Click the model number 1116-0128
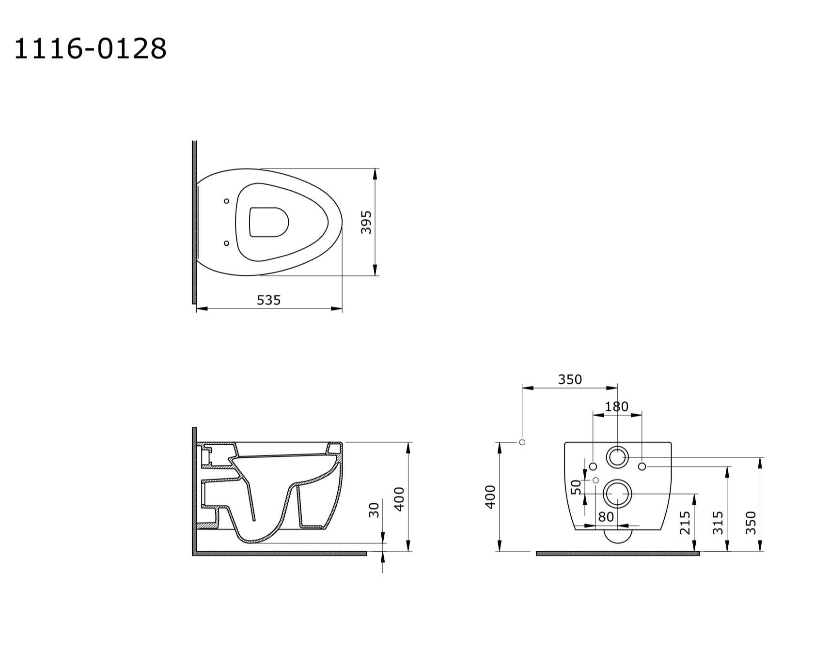90,49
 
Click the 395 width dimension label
366,222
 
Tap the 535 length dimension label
268,301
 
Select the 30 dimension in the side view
374,510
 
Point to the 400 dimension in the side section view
399,499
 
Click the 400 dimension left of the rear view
490,497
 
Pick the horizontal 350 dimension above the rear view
570,379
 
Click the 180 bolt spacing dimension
616,407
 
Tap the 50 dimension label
576,487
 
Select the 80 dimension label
606,517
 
